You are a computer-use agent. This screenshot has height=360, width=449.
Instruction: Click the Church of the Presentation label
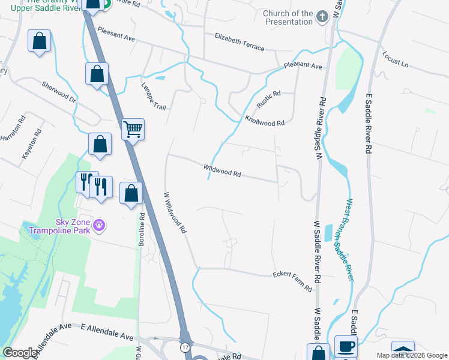pos(288,17)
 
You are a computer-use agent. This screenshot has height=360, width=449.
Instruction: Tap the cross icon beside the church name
pos(322,17)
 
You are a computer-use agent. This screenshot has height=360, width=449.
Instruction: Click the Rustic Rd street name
pos(269,99)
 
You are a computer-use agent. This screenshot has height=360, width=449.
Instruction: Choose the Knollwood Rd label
pos(264,120)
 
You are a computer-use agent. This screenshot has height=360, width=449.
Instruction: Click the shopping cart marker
pos(133,128)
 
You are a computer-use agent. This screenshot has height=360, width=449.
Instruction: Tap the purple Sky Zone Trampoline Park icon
pos(99,226)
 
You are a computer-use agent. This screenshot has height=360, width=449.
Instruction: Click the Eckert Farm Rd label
pos(292,281)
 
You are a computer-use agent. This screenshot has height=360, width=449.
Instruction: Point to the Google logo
pos(20,353)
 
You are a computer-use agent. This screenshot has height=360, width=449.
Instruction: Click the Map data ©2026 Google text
pos(411,355)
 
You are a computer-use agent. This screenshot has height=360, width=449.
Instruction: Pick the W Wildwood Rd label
pos(175,212)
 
